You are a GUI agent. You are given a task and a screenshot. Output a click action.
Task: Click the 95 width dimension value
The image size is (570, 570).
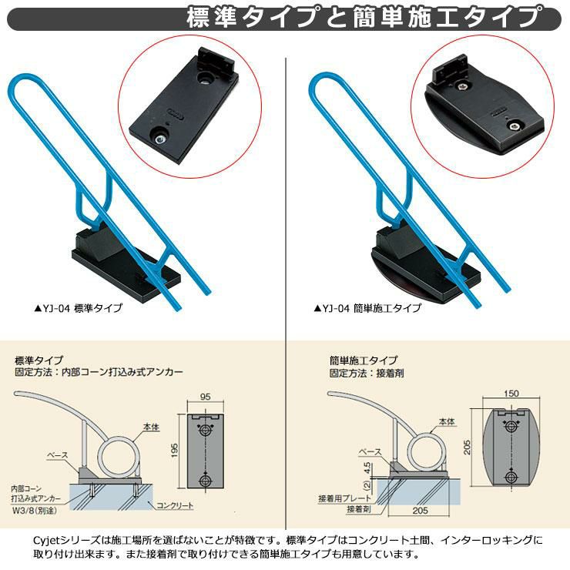pyautogui.click(x=206, y=397)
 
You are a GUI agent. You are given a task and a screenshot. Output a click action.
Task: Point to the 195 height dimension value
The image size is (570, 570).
pyautogui.click(x=175, y=450)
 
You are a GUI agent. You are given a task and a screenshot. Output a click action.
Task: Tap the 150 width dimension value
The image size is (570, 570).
pyautogui.click(x=511, y=394)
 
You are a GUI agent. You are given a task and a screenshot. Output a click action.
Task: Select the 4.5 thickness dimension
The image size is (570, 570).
pyautogui.click(x=367, y=468)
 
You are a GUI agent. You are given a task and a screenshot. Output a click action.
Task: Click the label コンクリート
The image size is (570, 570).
pyautogui.click(x=175, y=505)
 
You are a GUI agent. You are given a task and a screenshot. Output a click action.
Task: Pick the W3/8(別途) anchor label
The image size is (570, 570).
pyautogui.click(x=35, y=511)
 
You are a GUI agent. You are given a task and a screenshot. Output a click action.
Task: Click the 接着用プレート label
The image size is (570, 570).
pyautogui.click(x=344, y=498)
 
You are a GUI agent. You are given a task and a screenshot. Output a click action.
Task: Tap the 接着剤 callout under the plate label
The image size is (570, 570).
pyautogui.click(x=359, y=509)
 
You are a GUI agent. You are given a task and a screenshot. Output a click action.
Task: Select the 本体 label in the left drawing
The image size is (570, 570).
pyautogui.click(x=151, y=427)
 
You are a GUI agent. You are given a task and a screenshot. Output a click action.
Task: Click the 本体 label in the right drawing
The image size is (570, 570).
pyautogui.click(x=447, y=421)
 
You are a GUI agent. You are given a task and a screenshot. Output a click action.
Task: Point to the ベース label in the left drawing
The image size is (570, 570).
pyautogui.click(x=58, y=454)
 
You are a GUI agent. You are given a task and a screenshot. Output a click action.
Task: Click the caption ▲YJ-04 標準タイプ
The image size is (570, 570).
pyautogui.click(x=78, y=308)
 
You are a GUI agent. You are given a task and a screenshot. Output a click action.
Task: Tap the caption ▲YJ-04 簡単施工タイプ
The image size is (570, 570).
pyautogui.click(x=367, y=308)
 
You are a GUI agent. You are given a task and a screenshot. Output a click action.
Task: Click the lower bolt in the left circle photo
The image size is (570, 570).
pyautogui.click(x=159, y=138)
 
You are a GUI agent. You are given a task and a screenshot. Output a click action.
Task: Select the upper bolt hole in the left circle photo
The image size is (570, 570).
pyautogui.click(x=205, y=78)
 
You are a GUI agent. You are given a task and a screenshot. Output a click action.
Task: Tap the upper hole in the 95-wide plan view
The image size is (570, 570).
pyautogui.click(x=205, y=431)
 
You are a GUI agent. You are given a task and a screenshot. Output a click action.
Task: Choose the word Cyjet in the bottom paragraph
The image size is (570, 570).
pyautogui.click(x=45, y=541)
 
